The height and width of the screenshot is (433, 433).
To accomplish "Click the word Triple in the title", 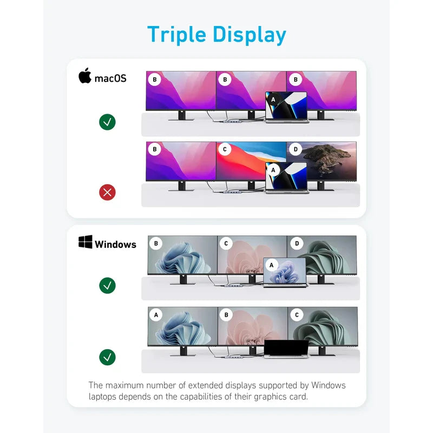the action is coord(177,35).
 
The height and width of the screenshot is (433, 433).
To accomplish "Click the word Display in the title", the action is coord(250,35).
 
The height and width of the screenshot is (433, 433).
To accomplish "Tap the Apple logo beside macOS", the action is coord(85,75).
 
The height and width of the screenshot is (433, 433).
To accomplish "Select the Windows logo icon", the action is coord(86,242).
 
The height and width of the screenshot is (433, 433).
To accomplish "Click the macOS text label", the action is coord(110,78).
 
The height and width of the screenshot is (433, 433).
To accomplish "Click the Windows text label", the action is coord(115,245).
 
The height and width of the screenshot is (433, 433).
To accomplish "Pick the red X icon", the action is coord(107,192).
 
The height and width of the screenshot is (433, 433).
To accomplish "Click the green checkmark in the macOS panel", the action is coord(107,122).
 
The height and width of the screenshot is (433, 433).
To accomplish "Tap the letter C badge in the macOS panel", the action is coord(225,149).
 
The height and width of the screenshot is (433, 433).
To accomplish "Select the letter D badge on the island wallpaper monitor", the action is coord(296,149).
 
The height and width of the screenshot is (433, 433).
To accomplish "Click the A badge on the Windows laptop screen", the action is coord(272,265).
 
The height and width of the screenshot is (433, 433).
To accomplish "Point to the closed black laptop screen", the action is coord(286,347).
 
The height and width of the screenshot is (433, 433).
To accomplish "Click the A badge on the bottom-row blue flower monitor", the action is coord(156,315).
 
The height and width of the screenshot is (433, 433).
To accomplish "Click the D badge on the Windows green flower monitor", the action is coord(297,244).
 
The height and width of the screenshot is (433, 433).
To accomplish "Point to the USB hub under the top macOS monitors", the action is coord(232,121).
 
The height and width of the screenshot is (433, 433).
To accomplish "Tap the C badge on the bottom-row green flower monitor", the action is coord(297,315).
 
